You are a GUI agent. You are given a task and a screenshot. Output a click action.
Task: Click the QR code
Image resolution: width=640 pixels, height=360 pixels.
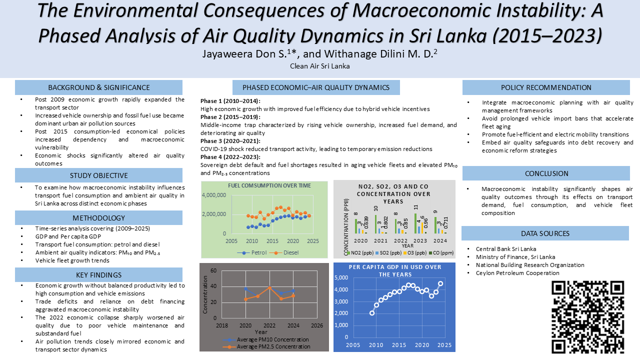[x=587, y=316]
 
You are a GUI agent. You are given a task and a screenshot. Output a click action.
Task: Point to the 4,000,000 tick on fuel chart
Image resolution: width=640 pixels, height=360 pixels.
[x=214, y=195]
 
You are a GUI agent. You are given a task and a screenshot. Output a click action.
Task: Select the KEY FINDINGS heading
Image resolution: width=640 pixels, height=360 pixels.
[x=98, y=275]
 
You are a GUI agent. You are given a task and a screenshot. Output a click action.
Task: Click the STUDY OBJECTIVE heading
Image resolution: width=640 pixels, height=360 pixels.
[x=98, y=175]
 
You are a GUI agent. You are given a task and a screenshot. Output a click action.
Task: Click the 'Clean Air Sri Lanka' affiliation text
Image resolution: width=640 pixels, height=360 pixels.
[x=320, y=66]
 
